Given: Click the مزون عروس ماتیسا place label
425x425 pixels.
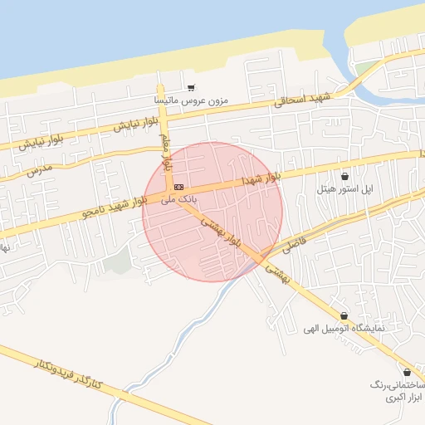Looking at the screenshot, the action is tap(190, 100).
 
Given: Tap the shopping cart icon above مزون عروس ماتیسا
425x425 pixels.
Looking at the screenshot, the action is tap(191, 87).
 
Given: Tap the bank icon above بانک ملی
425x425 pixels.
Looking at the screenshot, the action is tap(178, 187).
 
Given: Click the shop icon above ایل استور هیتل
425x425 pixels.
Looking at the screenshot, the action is tap(344, 177).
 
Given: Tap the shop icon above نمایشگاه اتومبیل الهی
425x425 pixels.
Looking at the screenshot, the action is tap(344, 316).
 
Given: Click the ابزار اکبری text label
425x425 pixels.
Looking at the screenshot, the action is tap(403, 398).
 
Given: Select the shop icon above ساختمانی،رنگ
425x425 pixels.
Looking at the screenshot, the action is tap(407, 373).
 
